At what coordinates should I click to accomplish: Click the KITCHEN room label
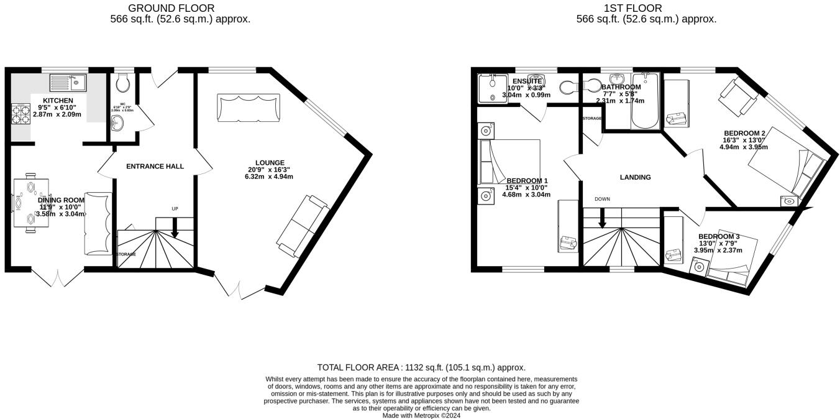[x=58, y=101]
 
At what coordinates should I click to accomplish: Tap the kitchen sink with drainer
[x=68, y=82]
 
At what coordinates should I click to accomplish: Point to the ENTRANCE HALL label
[x=155, y=167]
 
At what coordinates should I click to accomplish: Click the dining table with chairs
[x=29, y=203]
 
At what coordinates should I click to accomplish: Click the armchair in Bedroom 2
[x=738, y=96]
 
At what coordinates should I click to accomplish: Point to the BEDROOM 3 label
[x=718, y=237]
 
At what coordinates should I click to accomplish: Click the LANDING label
[x=635, y=177]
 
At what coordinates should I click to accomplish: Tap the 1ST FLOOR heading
[x=632, y=8]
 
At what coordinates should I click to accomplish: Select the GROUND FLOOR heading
[x=171, y=8]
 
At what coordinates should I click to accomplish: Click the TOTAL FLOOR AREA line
[x=421, y=367]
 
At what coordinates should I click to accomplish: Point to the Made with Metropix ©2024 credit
[x=421, y=415]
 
